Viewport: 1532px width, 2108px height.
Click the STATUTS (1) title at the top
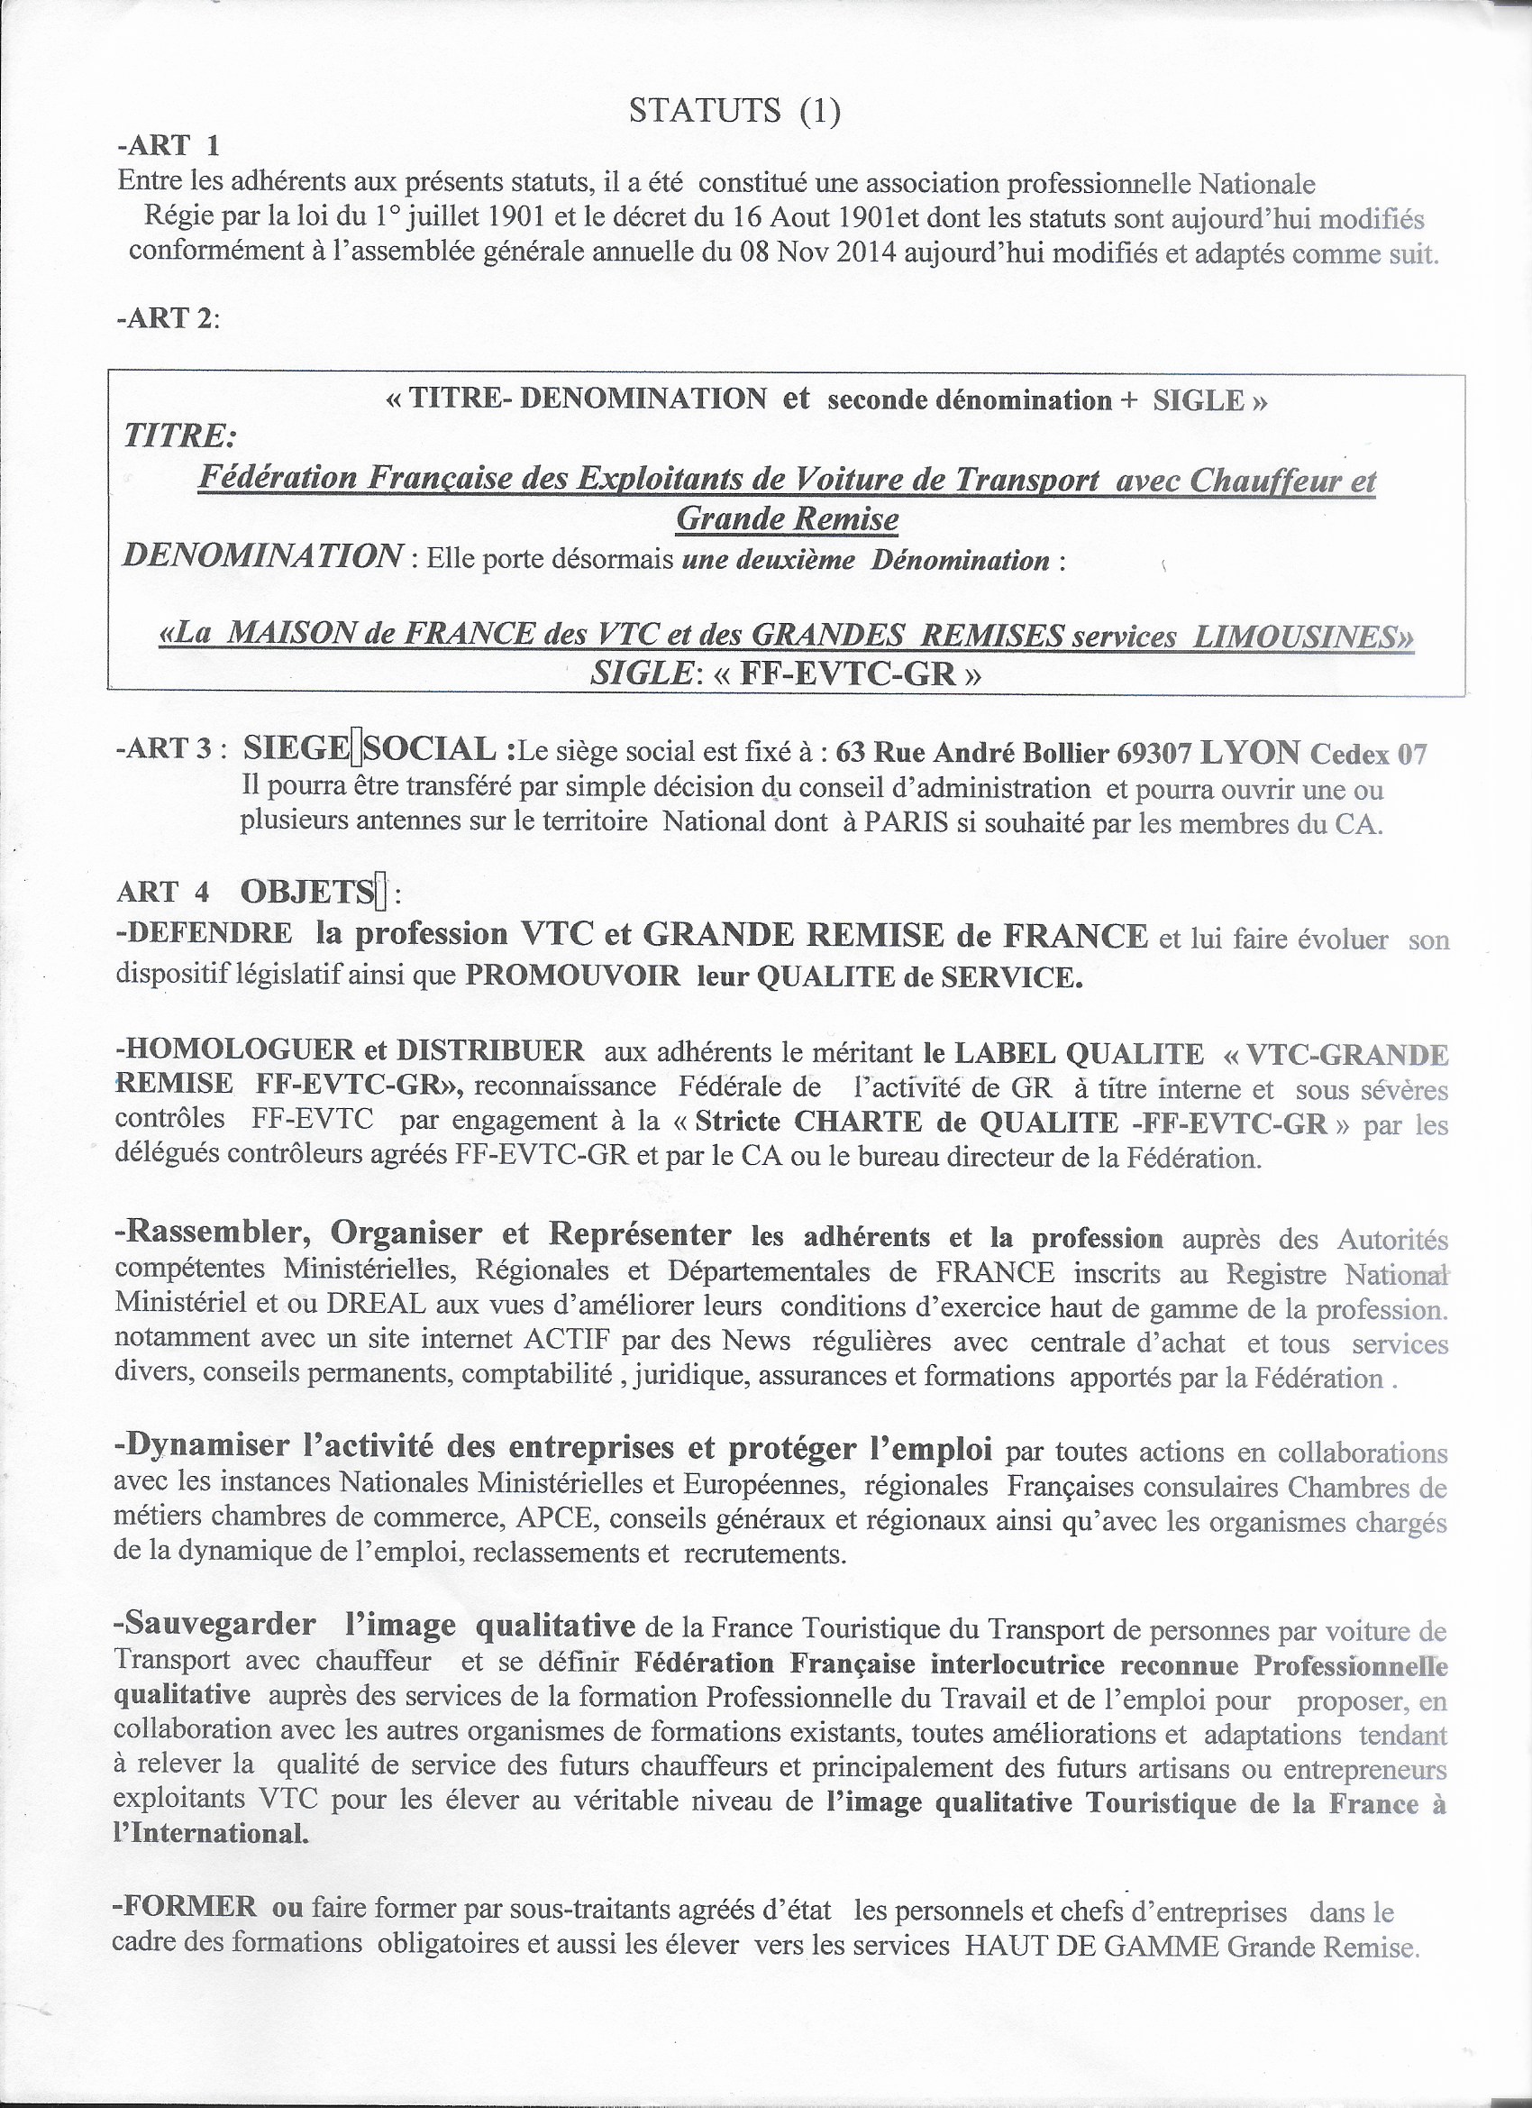(x=734, y=112)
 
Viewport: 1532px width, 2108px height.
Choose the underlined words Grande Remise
(x=787, y=518)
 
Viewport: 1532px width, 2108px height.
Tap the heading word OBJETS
(x=305, y=893)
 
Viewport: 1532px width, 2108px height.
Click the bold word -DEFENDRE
(x=204, y=934)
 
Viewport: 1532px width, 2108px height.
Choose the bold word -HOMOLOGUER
(x=233, y=1051)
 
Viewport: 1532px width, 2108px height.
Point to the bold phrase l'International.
(x=212, y=1834)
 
